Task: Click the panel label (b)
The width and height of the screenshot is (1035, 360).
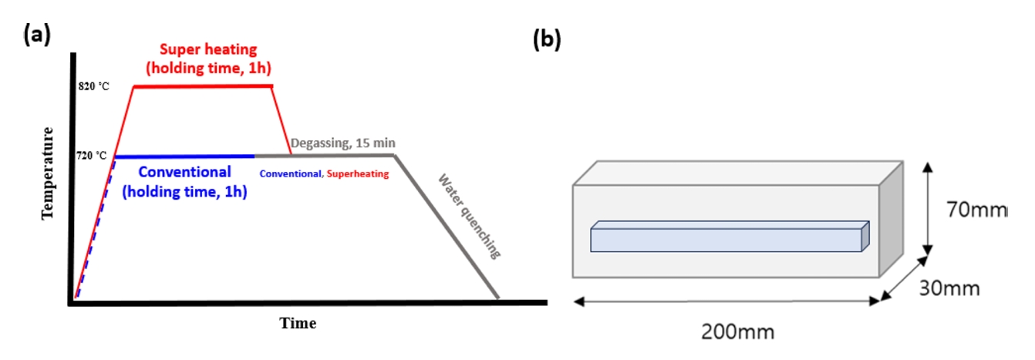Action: click(547, 41)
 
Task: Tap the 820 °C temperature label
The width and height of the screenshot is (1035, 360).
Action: click(93, 86)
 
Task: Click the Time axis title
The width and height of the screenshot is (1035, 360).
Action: click(298, 323)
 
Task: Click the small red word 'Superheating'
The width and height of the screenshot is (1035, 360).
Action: click(361, 174)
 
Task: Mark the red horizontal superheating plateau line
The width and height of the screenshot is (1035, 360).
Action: click(203, 86)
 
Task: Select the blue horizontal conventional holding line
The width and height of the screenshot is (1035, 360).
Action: click(185, 156)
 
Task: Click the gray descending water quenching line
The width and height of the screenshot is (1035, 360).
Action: click(447, 227)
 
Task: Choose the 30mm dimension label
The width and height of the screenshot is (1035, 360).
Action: click(949, 288)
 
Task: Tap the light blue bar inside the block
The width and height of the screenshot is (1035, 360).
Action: click(725, 239)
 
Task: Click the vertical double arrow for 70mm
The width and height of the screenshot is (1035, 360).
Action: click(927, 207)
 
